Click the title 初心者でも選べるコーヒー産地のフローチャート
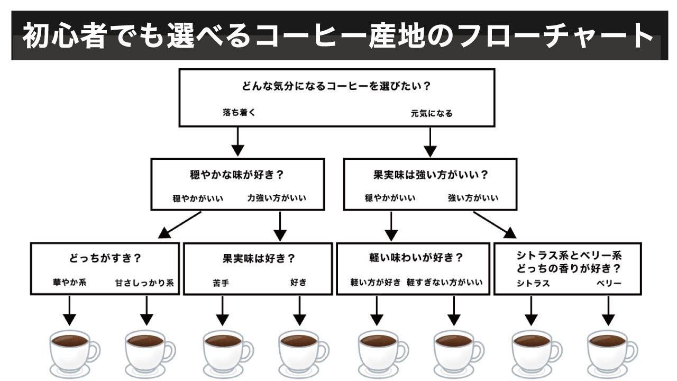(338, 37)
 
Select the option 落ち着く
(239, 113)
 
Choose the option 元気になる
(432, 113)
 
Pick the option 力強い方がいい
(277, 198)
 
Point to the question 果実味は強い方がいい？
(431, 174)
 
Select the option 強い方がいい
(473, 198)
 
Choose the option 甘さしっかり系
(144, 283)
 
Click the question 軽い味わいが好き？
(416, 258)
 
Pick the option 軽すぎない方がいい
(445, 283)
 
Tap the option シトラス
(533, 283)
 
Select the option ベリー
(608, 283)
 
